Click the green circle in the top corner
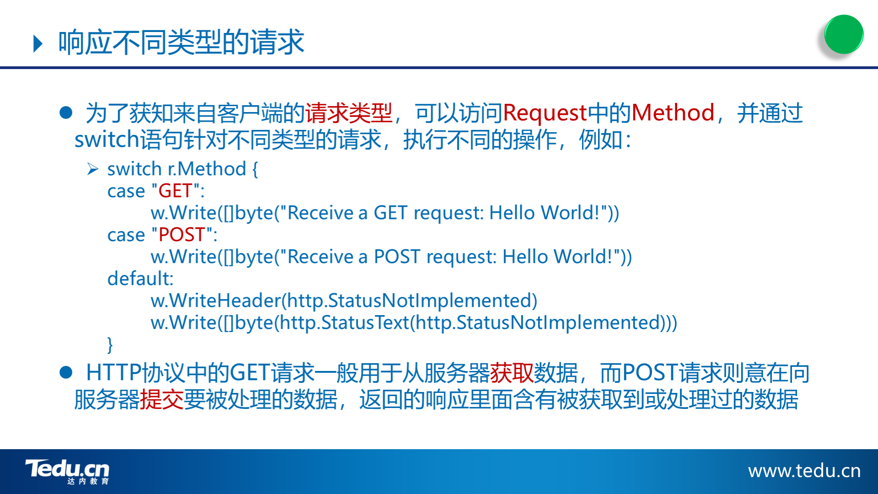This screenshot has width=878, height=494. pos(844,34)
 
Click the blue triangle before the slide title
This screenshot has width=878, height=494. pos(38,44)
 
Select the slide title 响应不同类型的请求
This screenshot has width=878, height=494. pos(181,43)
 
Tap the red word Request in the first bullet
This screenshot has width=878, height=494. pos(544,113)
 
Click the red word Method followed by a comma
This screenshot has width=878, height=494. pos(673,113)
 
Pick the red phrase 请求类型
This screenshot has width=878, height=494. pos(349,113)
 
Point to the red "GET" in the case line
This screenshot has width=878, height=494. pos(175,191)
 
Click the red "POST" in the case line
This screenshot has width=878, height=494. pos(181,235)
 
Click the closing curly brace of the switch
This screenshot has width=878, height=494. pos(110,344)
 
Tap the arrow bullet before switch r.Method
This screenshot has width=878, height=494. pos(93,169)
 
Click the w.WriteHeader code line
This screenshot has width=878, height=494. pos(344,301)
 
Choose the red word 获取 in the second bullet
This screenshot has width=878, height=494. pos(512,373)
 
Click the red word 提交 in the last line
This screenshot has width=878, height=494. pos(162,399)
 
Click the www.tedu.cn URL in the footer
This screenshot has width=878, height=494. pos(804,471)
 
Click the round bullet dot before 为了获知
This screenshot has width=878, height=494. pos(66,113)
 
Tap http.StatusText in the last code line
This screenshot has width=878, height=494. pos(345,322)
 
